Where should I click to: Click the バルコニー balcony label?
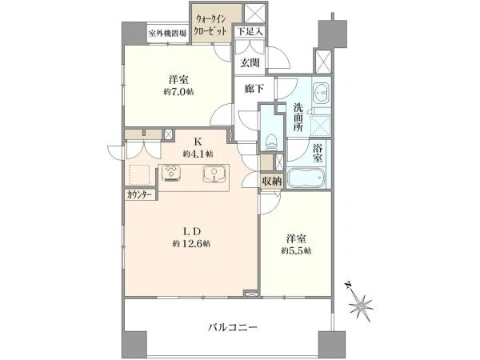(233, 327)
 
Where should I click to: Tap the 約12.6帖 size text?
(191, 244)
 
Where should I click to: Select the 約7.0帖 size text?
(178, 92)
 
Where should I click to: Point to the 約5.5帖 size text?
(297, 251)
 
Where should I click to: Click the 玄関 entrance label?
(250, 62)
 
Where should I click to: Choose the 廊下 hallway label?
(254, 89)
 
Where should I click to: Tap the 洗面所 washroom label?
(298, 118)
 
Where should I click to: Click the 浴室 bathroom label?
(318, 153)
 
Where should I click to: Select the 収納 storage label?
(271, 182)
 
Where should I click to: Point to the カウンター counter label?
(139, 194)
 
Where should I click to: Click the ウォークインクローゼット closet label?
(211, 26)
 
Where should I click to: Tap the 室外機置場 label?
(167, 33)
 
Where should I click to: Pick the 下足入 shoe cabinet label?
(250, 31)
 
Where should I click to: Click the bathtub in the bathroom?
(306, 178)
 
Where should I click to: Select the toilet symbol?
(272, 142)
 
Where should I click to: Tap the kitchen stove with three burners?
(171, 174)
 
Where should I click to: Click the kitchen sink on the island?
(214, 174)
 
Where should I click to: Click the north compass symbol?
(359, 302)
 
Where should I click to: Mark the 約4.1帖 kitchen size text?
(198, 154)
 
